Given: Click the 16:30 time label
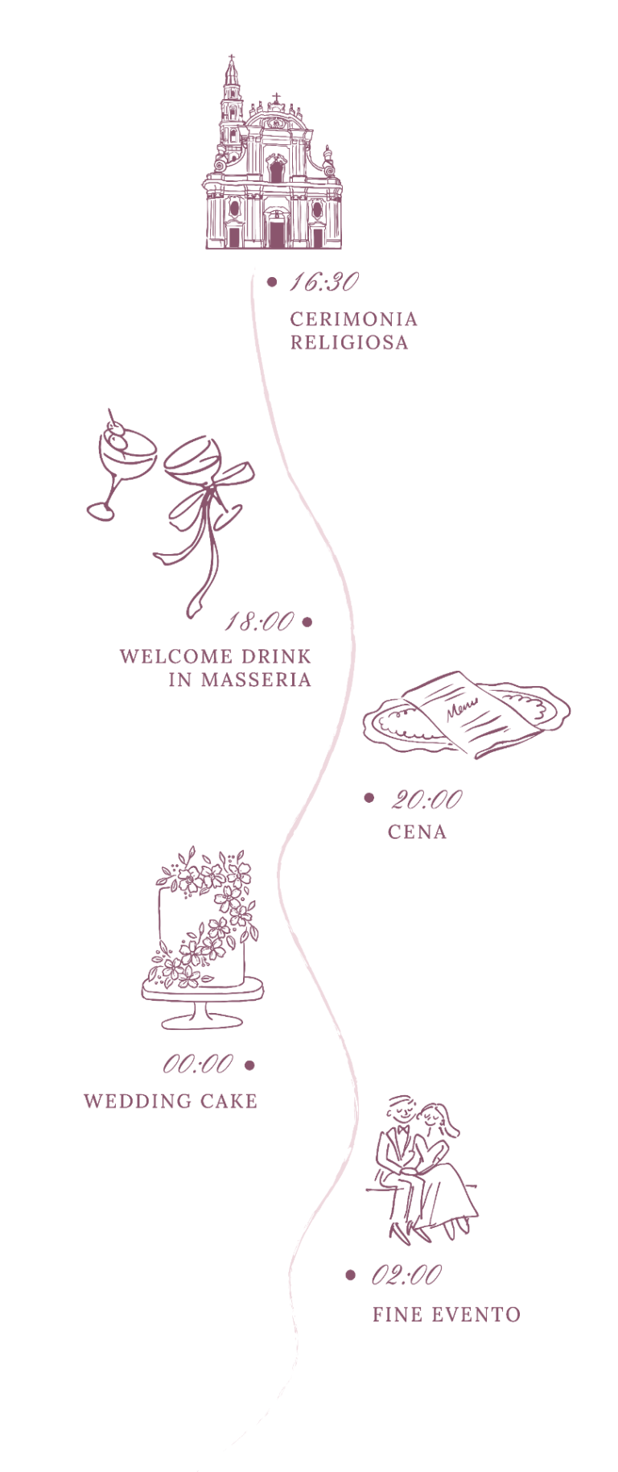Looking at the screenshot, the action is coord(323,282).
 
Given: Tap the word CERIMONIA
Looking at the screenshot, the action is coord(354,319).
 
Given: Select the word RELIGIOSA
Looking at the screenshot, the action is coord(349,342).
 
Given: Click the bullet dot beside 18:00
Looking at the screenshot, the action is coord(307,622).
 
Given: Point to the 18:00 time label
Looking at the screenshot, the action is coord(259,622).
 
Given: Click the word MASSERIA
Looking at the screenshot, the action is coord(256,680).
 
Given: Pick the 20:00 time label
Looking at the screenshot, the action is coord(426,799).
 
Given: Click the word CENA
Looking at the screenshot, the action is coord(417,832).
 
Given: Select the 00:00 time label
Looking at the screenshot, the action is coord(198,1065).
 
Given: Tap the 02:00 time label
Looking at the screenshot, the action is coord(406,1275).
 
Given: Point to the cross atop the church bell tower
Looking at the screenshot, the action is coord(232,60).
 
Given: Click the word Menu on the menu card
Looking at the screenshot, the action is coord(461,709).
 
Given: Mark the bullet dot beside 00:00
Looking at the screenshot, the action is coord(249,1065).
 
